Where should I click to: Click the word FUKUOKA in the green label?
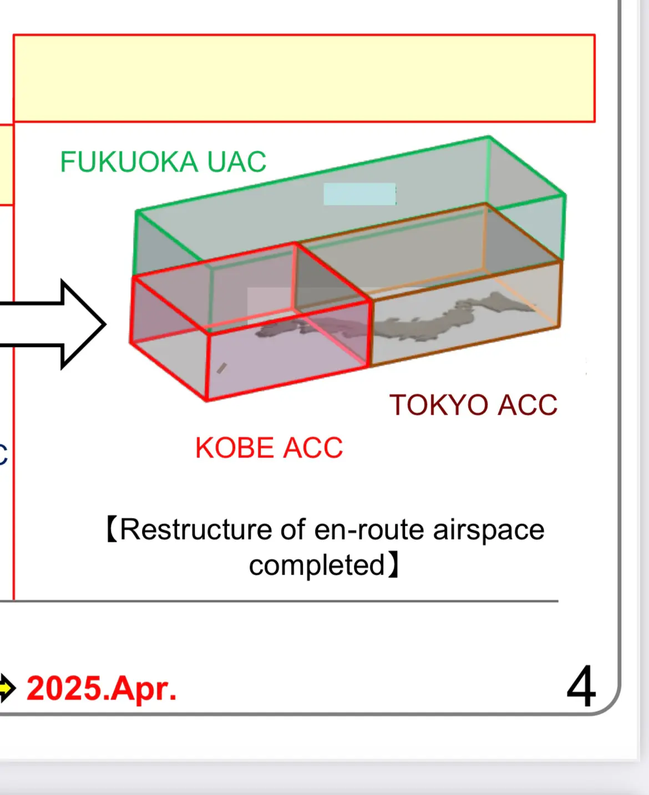pos(129,162)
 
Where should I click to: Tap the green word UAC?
pos(236,162)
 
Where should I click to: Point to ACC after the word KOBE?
pos(313,447)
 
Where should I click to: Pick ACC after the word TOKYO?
pos(528,405)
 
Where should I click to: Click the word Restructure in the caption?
pos(196,529)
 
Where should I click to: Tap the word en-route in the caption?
pos(369,530)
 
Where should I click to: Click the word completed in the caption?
pos(317,565)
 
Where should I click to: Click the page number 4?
pos(581,686)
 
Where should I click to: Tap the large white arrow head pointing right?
pos(81,324)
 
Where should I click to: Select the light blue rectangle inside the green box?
pos(359,194)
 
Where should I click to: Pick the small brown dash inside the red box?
pos(221,368)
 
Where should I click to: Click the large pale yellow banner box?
pos(304,78)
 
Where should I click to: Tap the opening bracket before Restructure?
pos(112,530)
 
